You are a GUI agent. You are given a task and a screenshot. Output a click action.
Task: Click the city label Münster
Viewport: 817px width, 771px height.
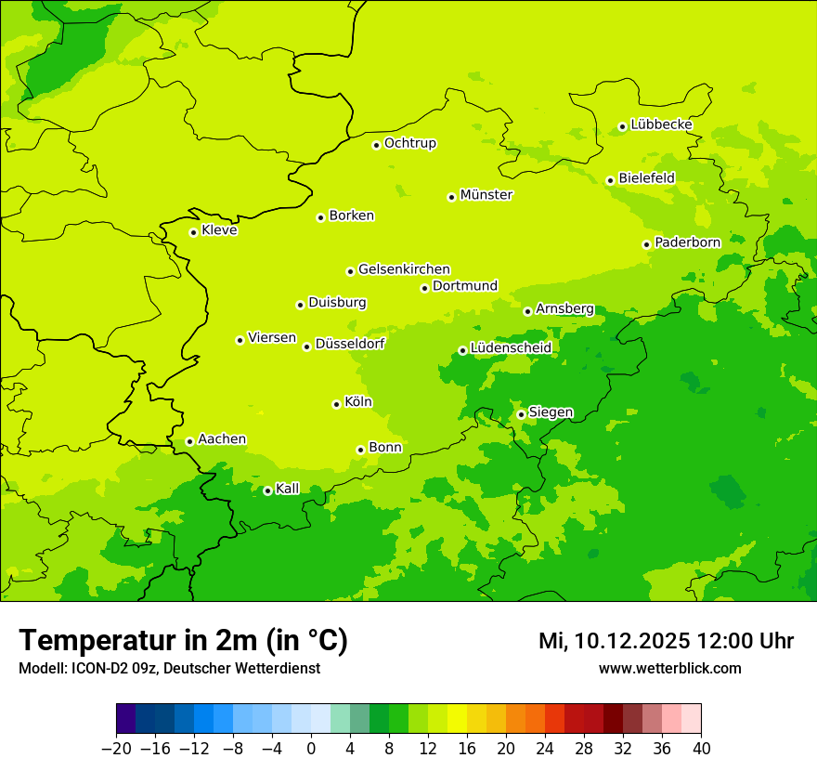point(486,195)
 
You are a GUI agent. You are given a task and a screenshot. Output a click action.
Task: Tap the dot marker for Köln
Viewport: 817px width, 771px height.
point(336,404)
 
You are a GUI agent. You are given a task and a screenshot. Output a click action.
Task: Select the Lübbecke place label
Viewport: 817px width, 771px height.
point(661,124)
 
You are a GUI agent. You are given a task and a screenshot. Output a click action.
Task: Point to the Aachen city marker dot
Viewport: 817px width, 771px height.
point(189,441)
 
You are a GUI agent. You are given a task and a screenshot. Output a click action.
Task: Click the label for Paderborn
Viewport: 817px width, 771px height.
point(687,242)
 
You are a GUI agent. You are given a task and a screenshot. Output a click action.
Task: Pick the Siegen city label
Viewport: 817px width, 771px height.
point(551,412)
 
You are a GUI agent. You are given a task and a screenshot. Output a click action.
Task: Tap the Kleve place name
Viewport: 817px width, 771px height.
point(219,230)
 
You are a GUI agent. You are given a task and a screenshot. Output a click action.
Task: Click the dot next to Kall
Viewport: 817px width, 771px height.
point(267,490)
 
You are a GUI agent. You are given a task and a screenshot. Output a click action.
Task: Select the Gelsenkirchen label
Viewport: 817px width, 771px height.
point(404,269)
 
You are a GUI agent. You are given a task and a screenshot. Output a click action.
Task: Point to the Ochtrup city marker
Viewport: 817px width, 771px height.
point(376,145)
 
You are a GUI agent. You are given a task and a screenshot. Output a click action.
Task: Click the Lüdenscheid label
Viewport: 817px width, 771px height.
point(511,348)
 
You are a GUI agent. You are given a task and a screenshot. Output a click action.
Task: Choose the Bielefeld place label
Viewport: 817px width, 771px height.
point(646,177)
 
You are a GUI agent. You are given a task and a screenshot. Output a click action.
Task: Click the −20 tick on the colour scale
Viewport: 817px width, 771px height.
point(116,749)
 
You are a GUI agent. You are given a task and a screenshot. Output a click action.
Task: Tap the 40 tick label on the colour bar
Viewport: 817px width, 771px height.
point(701,749)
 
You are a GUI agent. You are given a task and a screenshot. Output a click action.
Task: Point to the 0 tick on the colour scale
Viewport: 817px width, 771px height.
point(311,749)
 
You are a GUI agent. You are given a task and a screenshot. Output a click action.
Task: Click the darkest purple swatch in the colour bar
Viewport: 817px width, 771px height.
point(125,719)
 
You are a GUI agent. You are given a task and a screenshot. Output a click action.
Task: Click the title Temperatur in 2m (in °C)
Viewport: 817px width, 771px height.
point(183,640)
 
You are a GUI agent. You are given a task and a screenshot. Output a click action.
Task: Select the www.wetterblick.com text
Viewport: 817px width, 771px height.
point(669,668)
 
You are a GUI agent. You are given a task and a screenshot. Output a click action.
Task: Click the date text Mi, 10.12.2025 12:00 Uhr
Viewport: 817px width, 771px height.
point(666,641)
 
